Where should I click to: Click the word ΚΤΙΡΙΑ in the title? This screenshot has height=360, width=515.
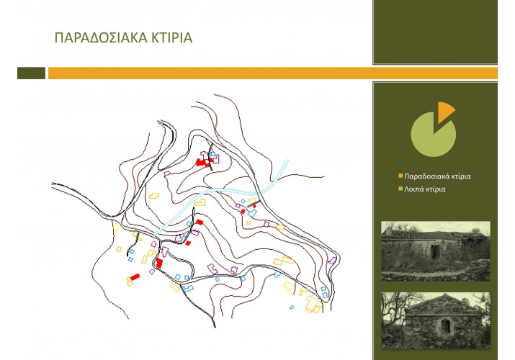[171, 37]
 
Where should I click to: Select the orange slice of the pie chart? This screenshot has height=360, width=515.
[445, 111]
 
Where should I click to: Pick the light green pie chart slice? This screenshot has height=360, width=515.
[432, 135]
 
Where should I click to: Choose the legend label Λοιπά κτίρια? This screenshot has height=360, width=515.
[425, 189]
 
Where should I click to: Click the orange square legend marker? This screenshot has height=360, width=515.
[400, 176]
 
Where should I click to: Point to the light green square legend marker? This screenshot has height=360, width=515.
[400, 189]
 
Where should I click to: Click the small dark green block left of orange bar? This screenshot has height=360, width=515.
[31, 73]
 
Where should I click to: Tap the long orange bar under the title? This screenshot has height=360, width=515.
[272, 73]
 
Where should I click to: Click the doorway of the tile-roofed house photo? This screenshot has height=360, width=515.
[436, 252]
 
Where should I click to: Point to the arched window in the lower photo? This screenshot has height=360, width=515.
[445, 326]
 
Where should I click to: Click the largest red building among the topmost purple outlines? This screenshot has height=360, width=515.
[201, 163]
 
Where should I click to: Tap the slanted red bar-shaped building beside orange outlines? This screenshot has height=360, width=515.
[135, 277]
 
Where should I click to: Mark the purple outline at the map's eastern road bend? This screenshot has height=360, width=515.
[332, 261]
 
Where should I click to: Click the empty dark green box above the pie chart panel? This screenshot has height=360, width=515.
[435, 32]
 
